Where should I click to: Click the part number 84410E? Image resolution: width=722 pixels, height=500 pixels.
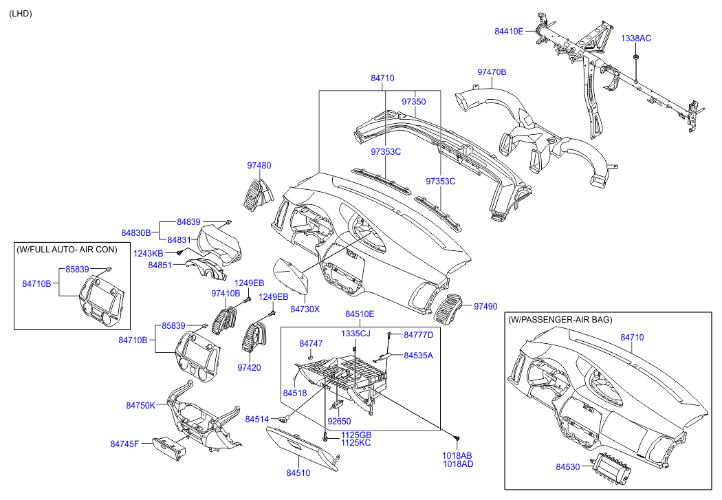click(x=509, y=32)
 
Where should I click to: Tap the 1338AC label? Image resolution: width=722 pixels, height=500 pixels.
click(x=636, y=38)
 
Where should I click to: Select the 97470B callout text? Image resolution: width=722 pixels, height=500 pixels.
click(x=492, y=72)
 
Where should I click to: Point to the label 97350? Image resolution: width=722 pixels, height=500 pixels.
click(x=414, y=102)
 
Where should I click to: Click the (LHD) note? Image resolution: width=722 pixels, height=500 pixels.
click(x=21, y=14)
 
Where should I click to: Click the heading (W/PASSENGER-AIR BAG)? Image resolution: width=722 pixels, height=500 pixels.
click(x=560, y=320)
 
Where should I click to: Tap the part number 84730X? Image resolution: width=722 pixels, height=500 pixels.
click(x=305, y=309)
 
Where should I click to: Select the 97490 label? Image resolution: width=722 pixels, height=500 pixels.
click(x=485, y=306)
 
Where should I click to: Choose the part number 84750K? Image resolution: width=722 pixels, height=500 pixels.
click(x=140, y=406)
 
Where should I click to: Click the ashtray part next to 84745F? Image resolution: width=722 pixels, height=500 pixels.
click(x=168, y=448)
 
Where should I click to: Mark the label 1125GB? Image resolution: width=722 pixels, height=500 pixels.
click(x=356, y=435)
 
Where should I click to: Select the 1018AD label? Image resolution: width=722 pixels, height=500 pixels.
click(x=457, y=464)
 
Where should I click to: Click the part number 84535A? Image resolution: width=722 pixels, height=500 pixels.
click(x=418, y=356)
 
